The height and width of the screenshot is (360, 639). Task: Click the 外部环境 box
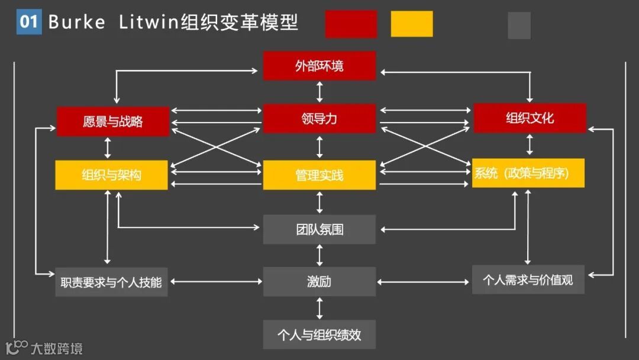coord(319,66)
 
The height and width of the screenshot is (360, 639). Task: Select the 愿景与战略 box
coord(112,121)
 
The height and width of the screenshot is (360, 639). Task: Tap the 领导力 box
coord(319,118)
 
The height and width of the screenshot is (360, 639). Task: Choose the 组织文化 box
coord(530,118)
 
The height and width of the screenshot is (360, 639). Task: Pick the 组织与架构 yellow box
coord(111,175)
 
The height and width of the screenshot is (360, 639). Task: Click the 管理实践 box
coord(319,175)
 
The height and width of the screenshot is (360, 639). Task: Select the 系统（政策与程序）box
coord(528,173)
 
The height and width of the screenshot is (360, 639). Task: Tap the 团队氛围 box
coord(319,229)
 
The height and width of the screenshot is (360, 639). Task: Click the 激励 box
coord(319,282)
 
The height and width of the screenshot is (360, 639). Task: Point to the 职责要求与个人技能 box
coord(111,282)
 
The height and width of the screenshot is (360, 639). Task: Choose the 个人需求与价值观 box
coord(528,279)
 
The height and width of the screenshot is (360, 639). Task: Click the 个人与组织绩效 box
coord(319,335)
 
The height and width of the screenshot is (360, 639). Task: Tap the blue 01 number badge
coord(29,22)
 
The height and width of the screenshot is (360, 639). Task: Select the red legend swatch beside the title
coord(351,24)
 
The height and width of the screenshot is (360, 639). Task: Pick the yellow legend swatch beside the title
coord(412,24)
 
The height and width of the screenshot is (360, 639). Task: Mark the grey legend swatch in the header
coord(519,25)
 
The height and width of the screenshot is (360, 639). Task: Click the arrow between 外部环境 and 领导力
coord(319,92)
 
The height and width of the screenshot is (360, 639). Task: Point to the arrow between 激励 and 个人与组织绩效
coord(319,308)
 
